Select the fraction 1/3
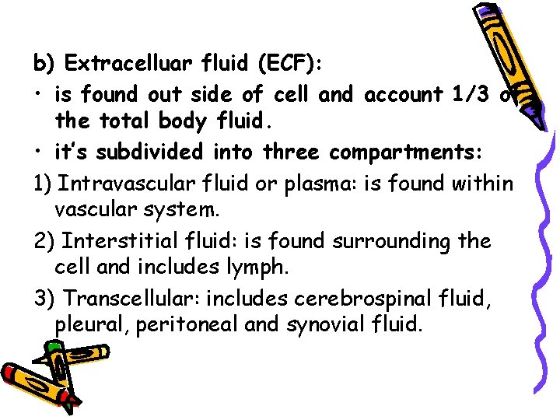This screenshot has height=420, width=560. [473, 95]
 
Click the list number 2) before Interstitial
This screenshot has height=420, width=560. [43, 241]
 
